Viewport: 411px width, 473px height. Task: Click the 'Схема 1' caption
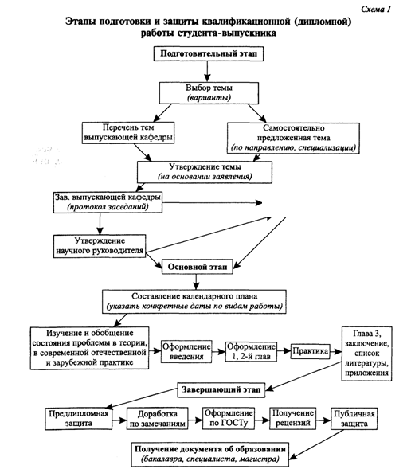(x=376, y=10)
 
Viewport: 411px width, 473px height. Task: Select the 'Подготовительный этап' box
(x=209, y=53)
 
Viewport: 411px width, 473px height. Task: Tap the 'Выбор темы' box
(x=209, y=93)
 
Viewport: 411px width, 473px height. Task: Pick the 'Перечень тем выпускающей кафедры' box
(x=128, y=133)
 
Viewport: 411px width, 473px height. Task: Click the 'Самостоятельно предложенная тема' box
(x=293, y=139)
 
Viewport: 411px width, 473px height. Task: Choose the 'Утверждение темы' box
(x=205, y=172)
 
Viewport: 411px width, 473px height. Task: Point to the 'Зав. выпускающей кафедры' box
(x=108, y=202)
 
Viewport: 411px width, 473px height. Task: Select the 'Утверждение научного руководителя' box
(x=100, y=246)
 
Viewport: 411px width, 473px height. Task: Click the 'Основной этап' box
(x=198, y=267)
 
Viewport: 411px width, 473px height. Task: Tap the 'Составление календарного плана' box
(x=194, y=302)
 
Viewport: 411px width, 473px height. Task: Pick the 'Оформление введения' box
(x=186, y=352)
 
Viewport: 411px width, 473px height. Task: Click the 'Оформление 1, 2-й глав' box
(x=251, y=352)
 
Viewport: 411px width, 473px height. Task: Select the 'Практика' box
(x=310, y=351)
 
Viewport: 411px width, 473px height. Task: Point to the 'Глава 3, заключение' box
(x=366, y=354)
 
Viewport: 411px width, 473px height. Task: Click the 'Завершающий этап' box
(x=221, y=389)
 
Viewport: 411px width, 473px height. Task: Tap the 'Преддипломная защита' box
(x=79, y=419)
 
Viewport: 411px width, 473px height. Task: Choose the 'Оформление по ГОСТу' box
(x=229, y=418)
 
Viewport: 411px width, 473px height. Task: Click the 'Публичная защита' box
(x=354, y=419)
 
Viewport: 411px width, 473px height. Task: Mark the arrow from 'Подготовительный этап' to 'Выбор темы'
(x=207, y=72)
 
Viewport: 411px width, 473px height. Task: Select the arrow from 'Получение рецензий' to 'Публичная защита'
(x=323, y=420)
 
